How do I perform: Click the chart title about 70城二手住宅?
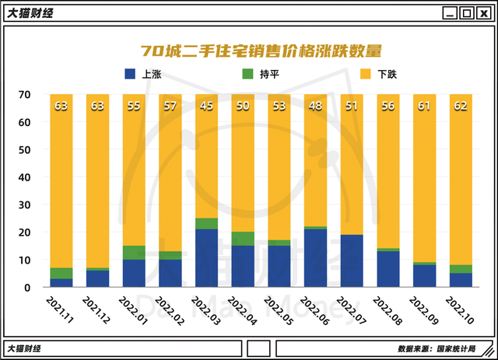pyautogui.click(x=261, y=51)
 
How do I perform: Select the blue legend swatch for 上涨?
pyautogui.click(x=130, y=75)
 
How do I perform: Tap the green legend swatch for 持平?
pyautogui.click(x=247, y=75)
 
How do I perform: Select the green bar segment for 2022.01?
pyautogui.click(x=134, y=253)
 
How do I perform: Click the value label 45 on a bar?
pyautogui.click(x=206, y=106)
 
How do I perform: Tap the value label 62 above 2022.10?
pyautogui.click(x=461, y=106)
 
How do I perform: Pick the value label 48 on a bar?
pyautogui.click(x=315, y=106)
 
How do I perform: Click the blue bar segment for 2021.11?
pyautogui.click(x=61, y=283)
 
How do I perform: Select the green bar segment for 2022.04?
pyautogui.click(x=243, y=239)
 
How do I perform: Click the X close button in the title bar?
pyautogui.click(x=483, y=13)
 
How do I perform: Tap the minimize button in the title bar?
pyautogui.click(x=449, y=13)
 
